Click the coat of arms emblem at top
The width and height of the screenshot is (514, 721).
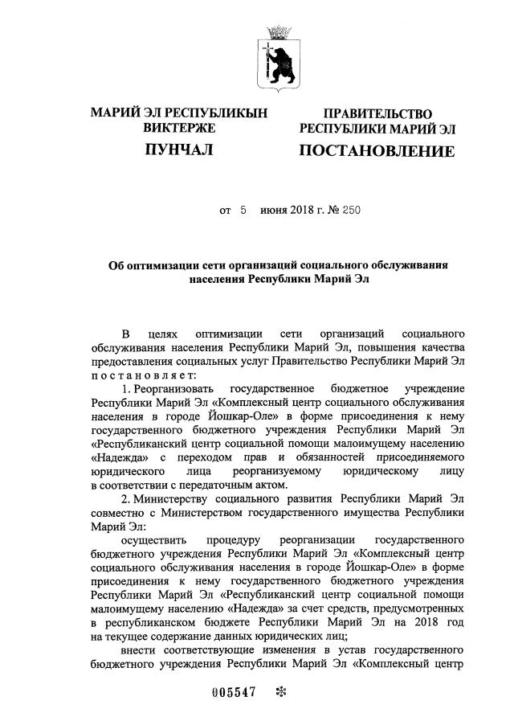click(277, 56)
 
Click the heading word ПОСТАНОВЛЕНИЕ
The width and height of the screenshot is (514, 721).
click(377, 151)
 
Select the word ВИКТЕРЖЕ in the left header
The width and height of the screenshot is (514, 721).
click(177, 129)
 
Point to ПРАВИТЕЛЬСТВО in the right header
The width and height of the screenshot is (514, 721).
click(377, 114)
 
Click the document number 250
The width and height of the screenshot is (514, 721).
click(351, 211)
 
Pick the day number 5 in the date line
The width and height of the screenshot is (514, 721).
click(242, 211)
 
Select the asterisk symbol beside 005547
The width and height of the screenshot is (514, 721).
click(280, 694)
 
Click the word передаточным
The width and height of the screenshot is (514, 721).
click(216, 485)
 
